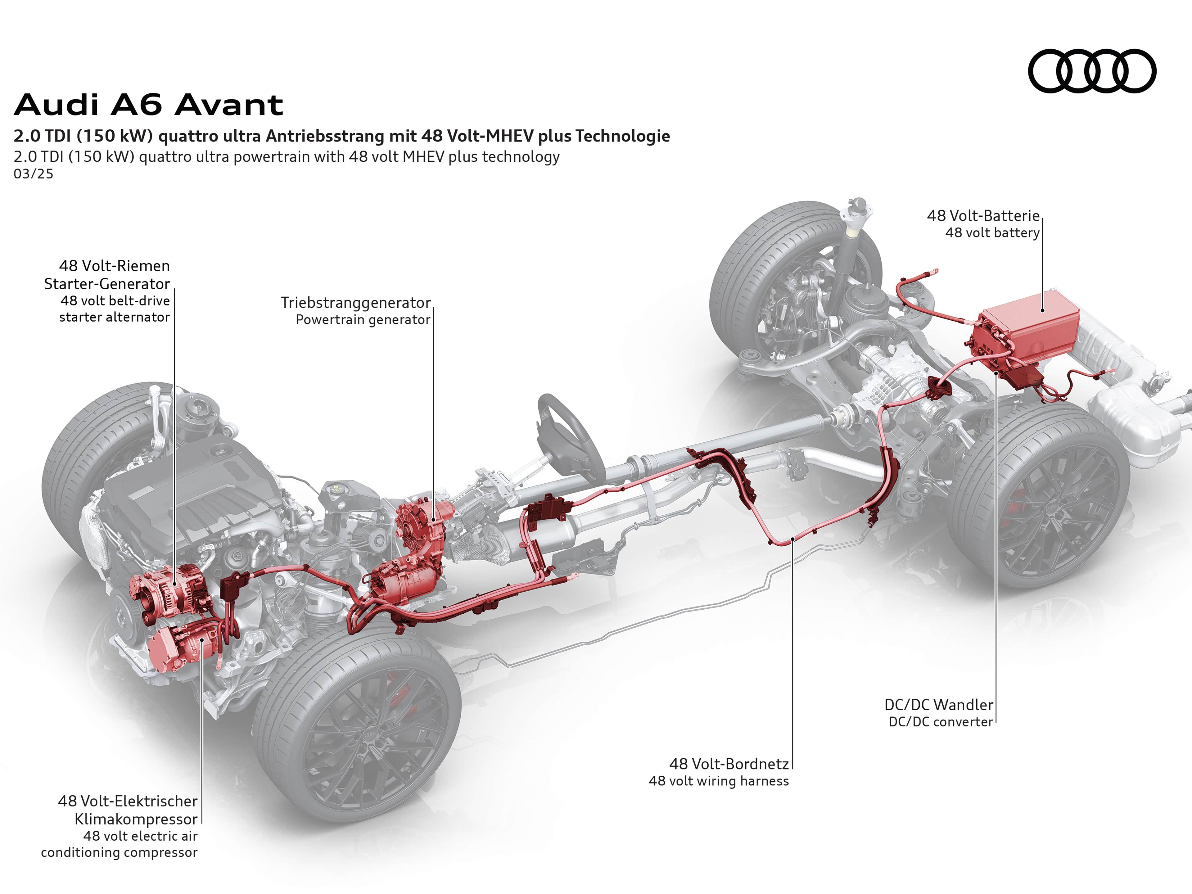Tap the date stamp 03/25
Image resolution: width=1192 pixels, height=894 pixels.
[34, 174]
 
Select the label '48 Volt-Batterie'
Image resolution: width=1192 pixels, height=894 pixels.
[983, 215]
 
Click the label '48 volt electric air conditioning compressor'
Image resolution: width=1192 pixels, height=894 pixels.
[120, 844]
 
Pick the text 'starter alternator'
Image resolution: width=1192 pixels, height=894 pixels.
[114, 317]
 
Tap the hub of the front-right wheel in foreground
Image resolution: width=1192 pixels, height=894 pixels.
[371, 736]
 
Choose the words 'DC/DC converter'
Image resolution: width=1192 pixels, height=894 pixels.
[940, 721]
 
